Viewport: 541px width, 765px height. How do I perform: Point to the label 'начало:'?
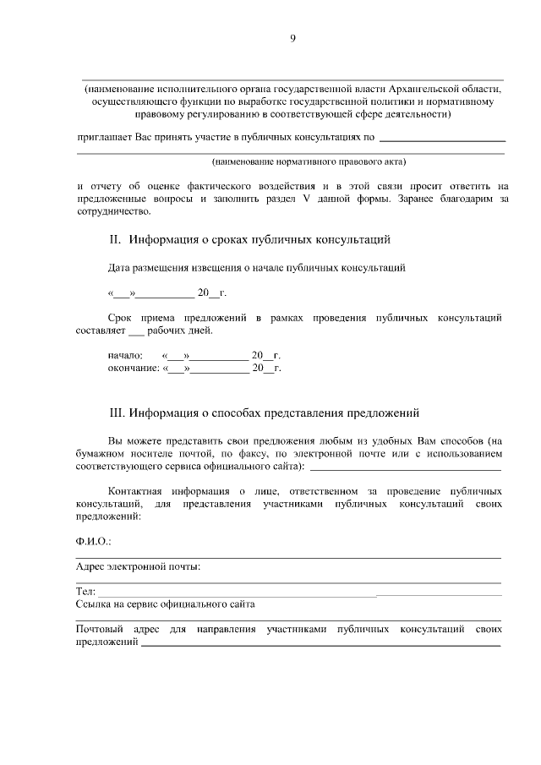[125, 356]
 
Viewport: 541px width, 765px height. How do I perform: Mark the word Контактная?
[138, 489]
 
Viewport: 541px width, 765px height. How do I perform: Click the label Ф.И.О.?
[93, 540]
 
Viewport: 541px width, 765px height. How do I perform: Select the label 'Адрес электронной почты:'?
[138, 566]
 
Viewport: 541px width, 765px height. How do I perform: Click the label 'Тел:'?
[85, 592]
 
